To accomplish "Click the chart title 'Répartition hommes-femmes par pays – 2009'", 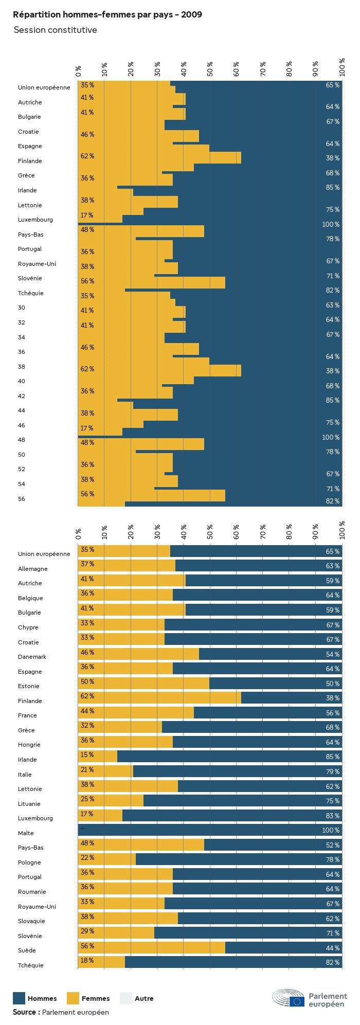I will [x=107, y=15].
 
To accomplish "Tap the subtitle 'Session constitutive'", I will [x=55, y=30].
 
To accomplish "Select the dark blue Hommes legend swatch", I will [x=19, y=998].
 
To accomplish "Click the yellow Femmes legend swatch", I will [x=73, y=998].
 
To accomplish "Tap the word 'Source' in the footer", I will [x=24, y=1012].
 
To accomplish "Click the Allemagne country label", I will [x=33, y=569].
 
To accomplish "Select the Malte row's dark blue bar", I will [x=206, y=831].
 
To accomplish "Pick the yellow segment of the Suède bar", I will [x=152, y=948].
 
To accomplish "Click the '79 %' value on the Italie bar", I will [x=332, y=771].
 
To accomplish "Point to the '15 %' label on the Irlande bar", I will [x=87, y=755].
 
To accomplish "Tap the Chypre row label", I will [x=28, y=627].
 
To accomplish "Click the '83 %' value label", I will [x=332, y=816].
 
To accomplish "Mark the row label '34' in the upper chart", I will [x=21, y=337].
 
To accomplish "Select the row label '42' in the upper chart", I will [x=21, y=396].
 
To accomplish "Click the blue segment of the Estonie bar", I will [x=267, y=684].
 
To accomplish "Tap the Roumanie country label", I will [x=32, y=892].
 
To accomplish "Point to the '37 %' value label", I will [x=87, y=564].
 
